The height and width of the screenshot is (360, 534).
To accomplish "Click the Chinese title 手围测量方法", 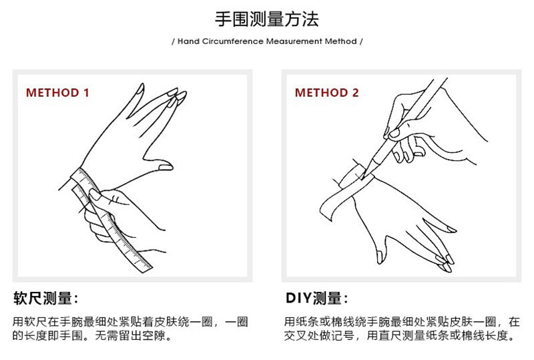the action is tap(266, 19).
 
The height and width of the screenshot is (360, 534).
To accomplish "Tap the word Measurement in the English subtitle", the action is tap(294, 41).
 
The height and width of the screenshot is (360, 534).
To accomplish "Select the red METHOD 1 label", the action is tap(57, 93).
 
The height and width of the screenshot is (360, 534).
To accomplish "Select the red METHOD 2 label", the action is tap(326, 93).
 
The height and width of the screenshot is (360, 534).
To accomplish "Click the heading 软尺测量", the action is tap(42, 299).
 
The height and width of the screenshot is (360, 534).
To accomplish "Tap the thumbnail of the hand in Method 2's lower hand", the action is tap(380, 257).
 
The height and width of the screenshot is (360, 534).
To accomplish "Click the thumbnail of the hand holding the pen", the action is tap(394, 133).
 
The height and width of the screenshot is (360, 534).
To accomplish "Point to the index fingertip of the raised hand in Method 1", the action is tap(140, 88).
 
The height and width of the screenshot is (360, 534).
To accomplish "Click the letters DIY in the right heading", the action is tap(298, 299).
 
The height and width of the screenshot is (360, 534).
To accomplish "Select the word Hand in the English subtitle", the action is tap(188, 41).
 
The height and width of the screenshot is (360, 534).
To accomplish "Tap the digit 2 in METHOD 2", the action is tap(355, 93).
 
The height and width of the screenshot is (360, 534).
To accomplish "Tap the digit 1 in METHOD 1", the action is tap(87, 93).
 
